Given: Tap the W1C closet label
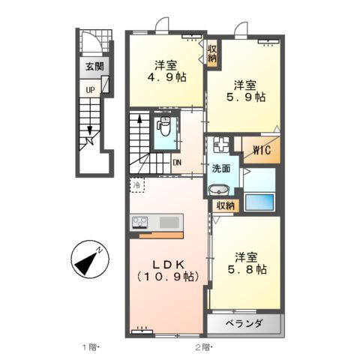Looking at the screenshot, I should pos(261,149).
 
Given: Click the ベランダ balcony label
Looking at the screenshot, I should pos(244,323).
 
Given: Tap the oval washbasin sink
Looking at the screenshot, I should pos(220,189).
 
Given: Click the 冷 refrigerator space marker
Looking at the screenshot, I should pos(138,184).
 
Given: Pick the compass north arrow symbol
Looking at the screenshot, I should pos(88,260).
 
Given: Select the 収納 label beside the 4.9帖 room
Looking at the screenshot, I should pos(212,52).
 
